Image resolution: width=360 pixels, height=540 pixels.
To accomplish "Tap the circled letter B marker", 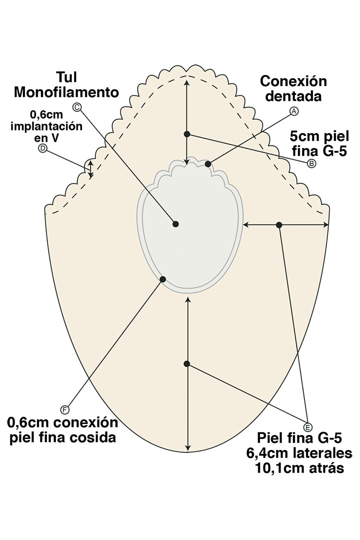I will pos(311,163).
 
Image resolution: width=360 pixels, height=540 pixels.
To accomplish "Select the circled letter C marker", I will pos(76,106).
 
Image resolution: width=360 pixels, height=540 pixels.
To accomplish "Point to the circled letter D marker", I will pos(43,148).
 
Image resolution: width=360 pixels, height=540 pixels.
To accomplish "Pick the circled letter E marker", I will pos(307,426).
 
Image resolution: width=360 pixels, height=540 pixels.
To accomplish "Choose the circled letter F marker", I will pos(64,410).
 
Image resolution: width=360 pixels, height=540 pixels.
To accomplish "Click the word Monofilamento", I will pos(66,92).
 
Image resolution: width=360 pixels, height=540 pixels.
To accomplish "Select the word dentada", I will pos(293,96).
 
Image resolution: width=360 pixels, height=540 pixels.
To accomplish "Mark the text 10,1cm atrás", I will pos(298,468).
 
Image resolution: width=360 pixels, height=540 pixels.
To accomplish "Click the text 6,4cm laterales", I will pos(298,453).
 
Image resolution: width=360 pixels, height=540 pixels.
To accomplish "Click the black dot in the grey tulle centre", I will pos(175,224).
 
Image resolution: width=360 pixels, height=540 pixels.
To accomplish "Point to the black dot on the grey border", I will pos(162,279).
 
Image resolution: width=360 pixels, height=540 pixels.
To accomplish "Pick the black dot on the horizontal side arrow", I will pos(279,225).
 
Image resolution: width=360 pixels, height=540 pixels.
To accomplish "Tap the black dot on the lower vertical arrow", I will pos(186,364).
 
